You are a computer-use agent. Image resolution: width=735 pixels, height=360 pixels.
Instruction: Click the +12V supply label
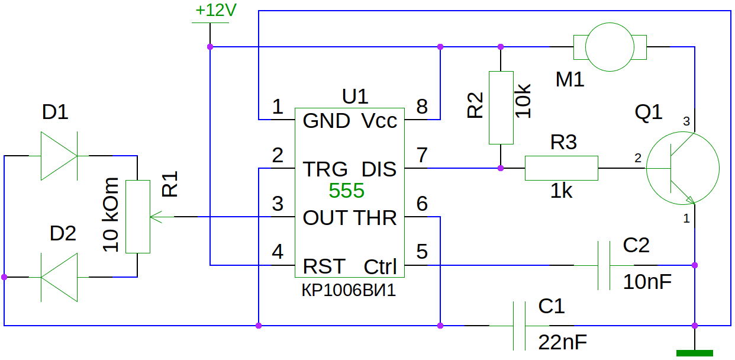[x=215, y=10]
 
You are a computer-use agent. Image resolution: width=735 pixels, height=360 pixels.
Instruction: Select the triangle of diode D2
[x=59, y=277]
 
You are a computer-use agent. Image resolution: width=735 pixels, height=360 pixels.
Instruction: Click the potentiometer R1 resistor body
[x=138, y=217]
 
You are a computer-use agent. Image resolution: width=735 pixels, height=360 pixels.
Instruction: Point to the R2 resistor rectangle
[x=501, y=108]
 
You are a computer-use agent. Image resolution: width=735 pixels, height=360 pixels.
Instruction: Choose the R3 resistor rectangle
[x=562, y=168]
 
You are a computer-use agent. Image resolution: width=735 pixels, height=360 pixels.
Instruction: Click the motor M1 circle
[x=610, y=47]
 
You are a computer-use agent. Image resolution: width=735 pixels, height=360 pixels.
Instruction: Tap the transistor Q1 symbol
[x=683, y=168]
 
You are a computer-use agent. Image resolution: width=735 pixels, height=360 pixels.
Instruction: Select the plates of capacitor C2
[x=604, y=265]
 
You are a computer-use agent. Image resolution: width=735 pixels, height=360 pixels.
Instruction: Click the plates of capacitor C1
[x=519, y=326]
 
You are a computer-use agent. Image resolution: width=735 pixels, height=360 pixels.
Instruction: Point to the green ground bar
[x=695, y=353]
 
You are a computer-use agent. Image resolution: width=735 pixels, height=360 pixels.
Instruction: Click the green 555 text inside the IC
[x=347, y=190]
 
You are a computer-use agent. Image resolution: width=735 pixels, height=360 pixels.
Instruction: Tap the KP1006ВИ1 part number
[x=349, y=290]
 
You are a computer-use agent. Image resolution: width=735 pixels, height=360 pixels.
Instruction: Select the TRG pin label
[x=325, y=169]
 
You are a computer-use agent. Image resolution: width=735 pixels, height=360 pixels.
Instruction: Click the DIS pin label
[x=379, y=169]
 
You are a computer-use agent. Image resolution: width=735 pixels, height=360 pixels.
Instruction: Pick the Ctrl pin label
[x=381, y=266]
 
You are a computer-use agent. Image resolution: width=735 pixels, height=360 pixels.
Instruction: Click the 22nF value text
[x=562, y=342]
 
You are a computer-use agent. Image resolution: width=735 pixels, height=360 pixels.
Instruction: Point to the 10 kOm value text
[x=110, y=214]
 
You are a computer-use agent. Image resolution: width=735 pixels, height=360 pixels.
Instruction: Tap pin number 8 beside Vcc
[x=422, y=107]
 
